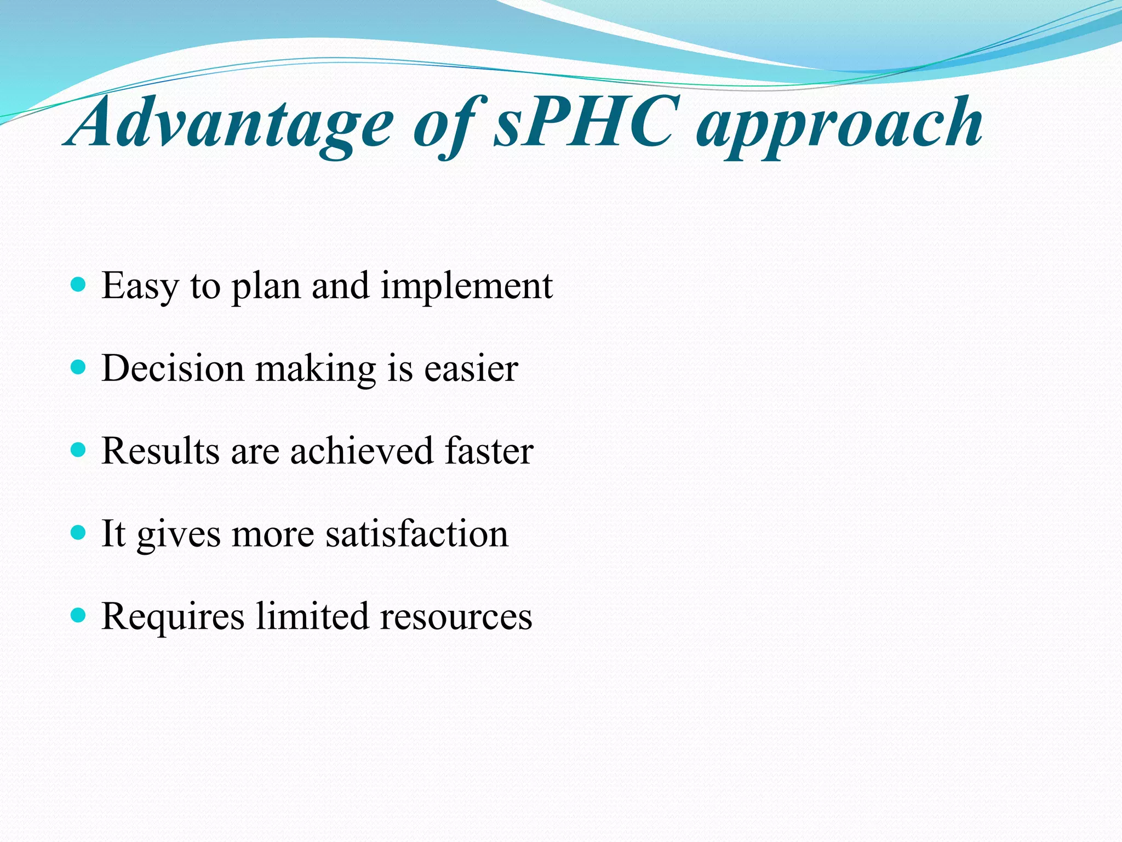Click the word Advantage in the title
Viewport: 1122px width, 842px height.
coord(230,123)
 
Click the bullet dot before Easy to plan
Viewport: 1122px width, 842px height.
coord(79,284)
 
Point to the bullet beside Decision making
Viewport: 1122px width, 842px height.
coord(79,367)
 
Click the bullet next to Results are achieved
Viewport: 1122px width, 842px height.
coord(79,450)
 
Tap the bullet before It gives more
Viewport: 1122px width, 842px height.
coord(79,533)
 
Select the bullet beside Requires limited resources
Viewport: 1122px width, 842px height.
coord(79,616)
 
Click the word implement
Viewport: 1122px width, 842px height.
coord(467,286)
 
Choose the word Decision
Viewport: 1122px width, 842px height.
coord(173,368)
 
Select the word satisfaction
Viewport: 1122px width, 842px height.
coord(417,534)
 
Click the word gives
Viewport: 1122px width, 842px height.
coord(179,535)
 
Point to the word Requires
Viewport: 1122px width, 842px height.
coord(173,617)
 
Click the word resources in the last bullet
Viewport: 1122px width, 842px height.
coord(456,617)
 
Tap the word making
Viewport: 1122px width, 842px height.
coord(316,369)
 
